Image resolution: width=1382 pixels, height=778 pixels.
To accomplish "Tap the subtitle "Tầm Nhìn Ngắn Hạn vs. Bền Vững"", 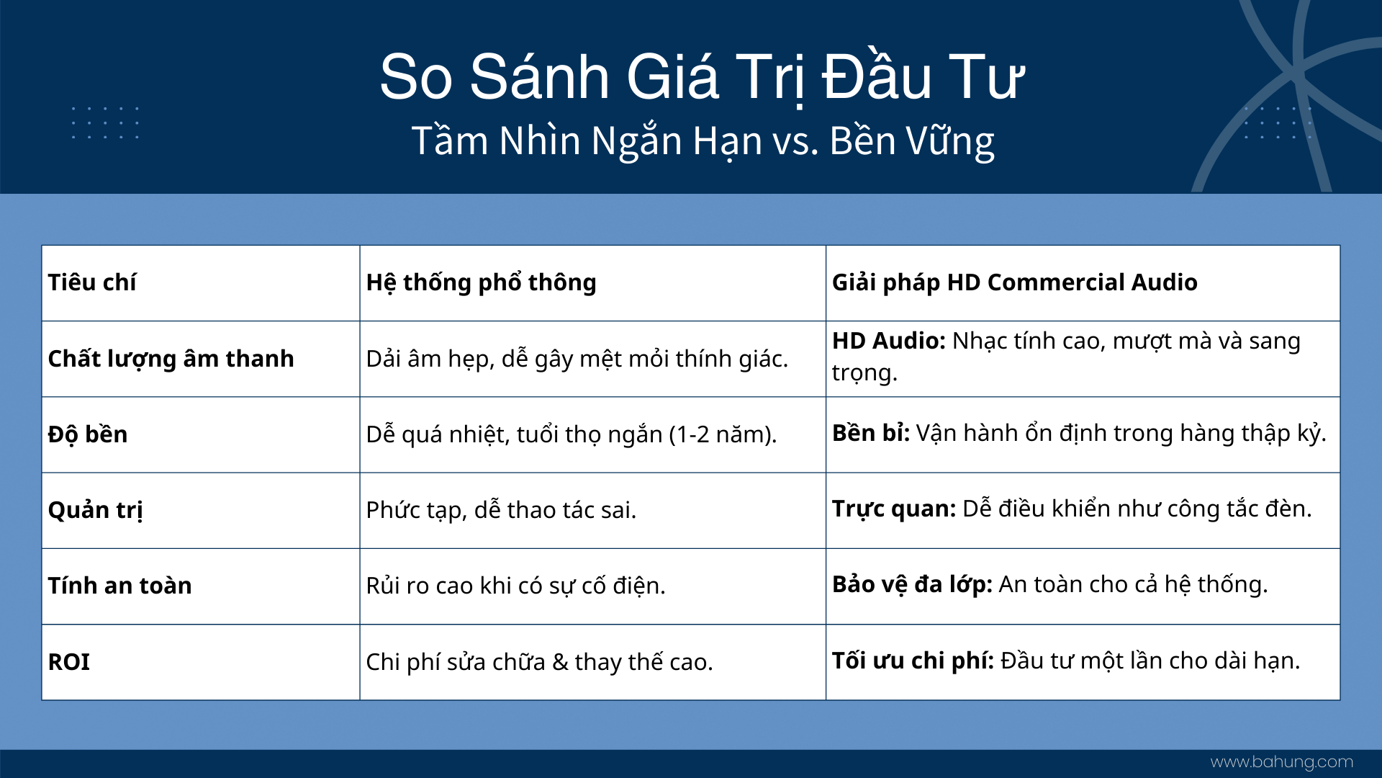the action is point(703,141).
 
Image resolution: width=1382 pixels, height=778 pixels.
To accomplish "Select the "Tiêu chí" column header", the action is point(92,282).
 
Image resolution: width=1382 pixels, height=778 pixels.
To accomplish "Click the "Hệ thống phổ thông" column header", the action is point(481,282).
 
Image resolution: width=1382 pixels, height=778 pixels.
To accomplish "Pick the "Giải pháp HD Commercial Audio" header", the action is point(1015,282).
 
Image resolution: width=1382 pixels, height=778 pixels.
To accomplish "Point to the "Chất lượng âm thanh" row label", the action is point(171,359).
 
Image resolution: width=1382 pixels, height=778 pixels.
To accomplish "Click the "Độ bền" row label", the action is point(88,434).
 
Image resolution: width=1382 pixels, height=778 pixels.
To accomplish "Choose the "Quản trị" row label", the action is point(95,510).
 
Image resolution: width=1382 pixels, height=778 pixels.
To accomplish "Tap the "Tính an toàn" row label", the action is point(119,586).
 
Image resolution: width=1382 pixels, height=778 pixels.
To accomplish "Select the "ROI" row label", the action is point(68,662).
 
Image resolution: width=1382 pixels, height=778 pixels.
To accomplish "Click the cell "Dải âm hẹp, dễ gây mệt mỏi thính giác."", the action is point(577,359).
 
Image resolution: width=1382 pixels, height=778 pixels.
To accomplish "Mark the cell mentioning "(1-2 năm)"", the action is point(572,434).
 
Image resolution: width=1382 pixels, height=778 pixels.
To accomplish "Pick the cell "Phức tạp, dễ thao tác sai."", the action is point(501,510).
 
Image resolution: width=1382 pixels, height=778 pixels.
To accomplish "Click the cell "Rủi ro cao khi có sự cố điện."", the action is point(515,586).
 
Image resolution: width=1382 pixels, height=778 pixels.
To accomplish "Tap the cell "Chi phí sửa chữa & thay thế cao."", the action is point(539,662).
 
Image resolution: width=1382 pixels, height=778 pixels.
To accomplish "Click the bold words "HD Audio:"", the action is point(889,341).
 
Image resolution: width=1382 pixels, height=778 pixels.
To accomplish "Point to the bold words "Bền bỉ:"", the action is point(871,433).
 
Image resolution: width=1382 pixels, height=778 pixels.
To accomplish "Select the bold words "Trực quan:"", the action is point(894,509).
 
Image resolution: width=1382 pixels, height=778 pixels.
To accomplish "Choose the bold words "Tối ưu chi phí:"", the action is point(913,661).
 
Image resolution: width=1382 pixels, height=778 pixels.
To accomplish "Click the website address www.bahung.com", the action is point(1282,762).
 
